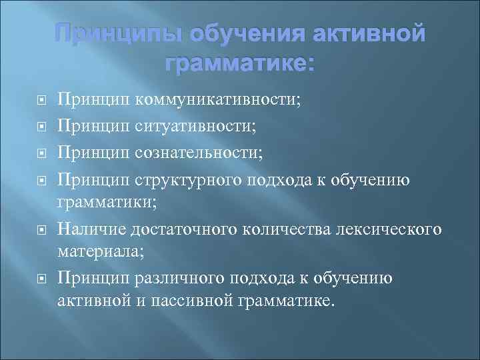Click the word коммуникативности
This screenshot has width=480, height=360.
[217, 100]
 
